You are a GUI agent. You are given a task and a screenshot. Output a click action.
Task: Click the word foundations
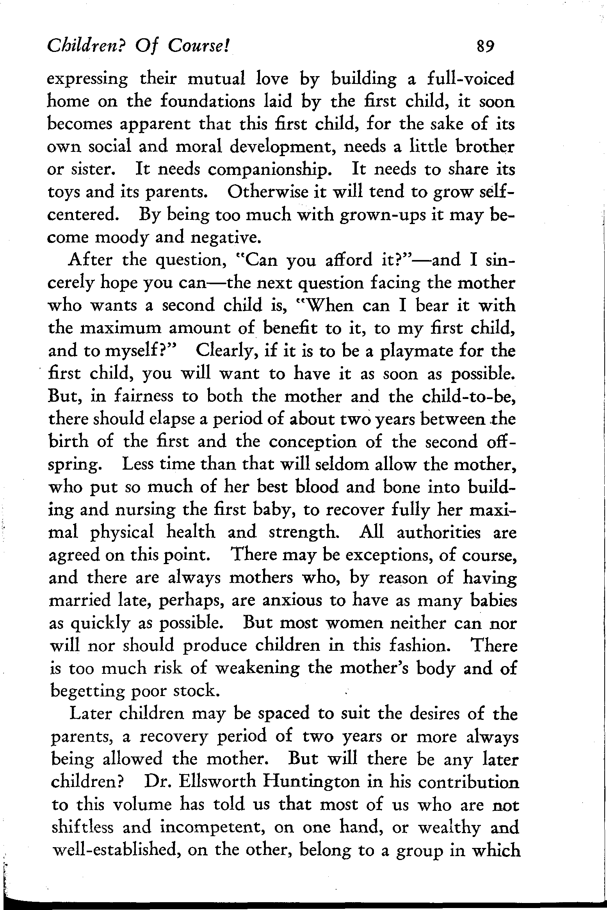[x=208, y=102]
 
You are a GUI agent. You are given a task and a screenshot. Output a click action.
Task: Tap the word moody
[x=120, y=238]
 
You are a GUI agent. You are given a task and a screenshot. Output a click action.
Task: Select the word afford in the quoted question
[x=349, y=260]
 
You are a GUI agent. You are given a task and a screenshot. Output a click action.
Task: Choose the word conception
[x=313, y=442]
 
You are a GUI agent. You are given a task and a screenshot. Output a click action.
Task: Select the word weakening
[x=257, y=669]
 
